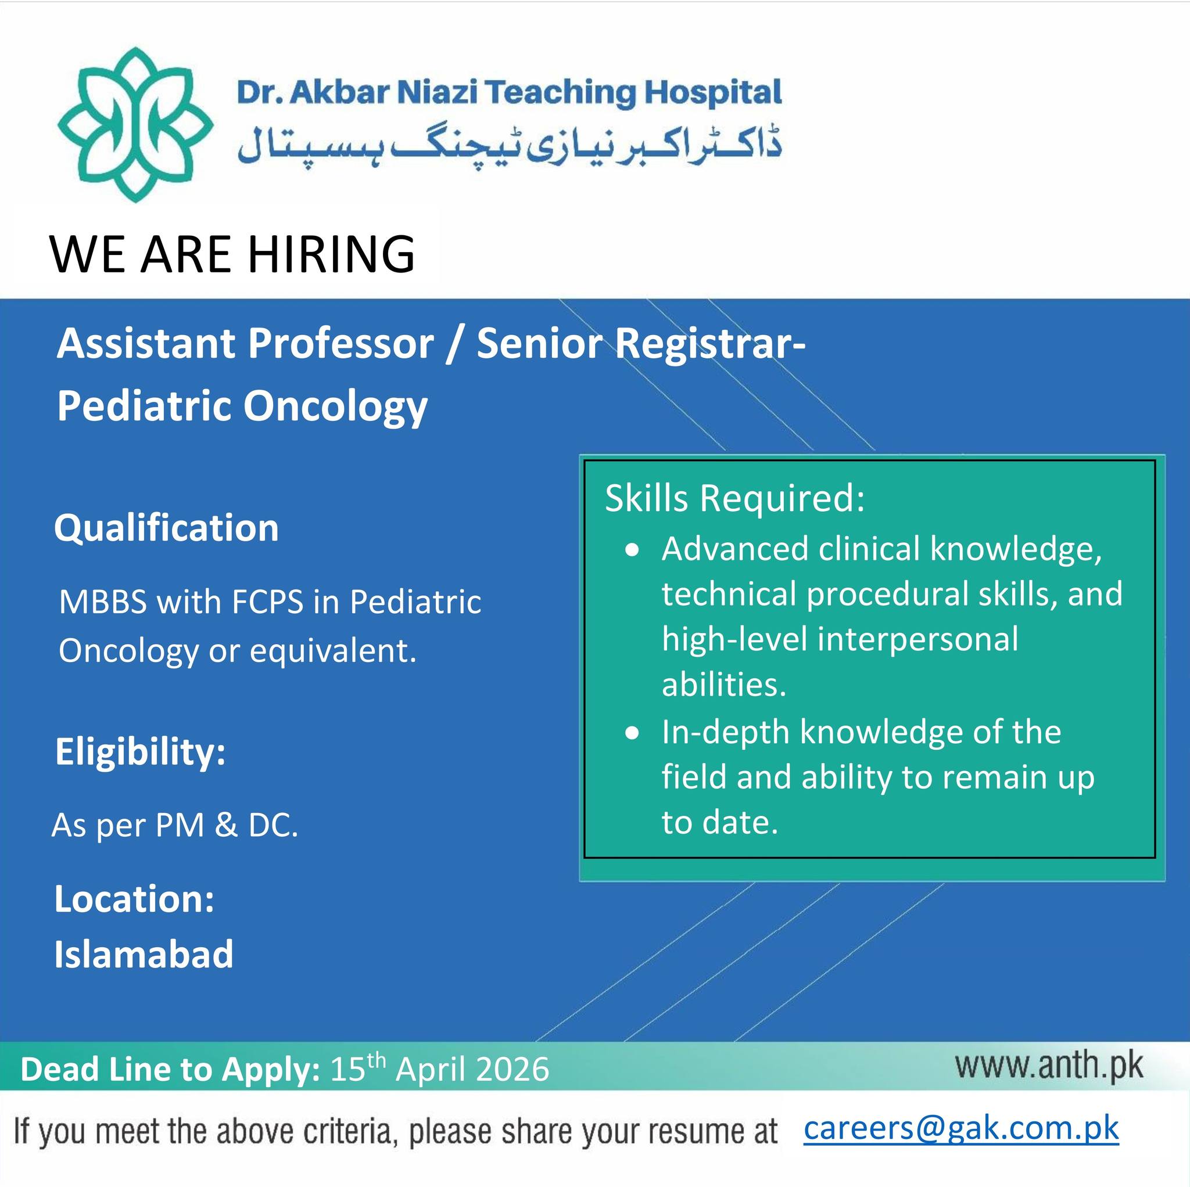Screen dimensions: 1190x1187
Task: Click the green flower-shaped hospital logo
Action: pos(135,125)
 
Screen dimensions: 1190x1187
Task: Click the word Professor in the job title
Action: pos(340,344)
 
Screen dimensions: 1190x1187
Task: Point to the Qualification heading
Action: pos(166,528)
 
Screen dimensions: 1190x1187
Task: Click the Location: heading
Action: pos(134,899)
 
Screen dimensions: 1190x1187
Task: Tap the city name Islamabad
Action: pos(144,954)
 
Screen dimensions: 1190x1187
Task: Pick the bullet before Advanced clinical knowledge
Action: pos(632,551)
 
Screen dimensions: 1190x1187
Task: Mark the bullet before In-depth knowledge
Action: pos(632,734)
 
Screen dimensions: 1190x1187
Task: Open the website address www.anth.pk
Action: pos(1049,1066)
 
